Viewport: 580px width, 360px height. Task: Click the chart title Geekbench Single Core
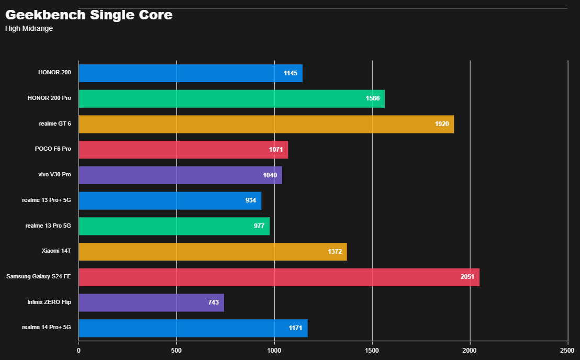pyautogui.click(x=89, y=15)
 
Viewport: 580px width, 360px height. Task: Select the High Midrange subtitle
pyautogui.click(x=29, y=29)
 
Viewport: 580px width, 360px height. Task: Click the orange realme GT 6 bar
pyautogui.click(x=266, y=124)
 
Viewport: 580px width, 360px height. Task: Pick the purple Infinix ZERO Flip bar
pyautogui.click(x=151, y=302)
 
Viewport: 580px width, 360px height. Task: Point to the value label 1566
pyautogui.click(x=372, y=99)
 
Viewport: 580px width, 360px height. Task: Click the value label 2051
pyautogui.click(x=467, y=277)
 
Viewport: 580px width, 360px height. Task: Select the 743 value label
pyautogui.click(x=213, y=302)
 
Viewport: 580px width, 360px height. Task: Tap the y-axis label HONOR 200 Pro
pyautogui.click(x=49, y=98)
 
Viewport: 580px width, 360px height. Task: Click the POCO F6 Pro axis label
pyautogui.click(x=53, y=149)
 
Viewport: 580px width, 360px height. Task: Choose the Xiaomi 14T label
pyautogui.click(x=56, y=251)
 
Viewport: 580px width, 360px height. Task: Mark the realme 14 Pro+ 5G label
pyautogui.click(x=46, y=328)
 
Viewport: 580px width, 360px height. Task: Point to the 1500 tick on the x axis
pyautogui.click(x=372, y=351)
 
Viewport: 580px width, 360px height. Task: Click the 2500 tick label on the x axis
pyautogui.click(x=567, y=351)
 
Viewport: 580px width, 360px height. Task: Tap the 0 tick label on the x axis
pyautogui.click(x=79, y=351)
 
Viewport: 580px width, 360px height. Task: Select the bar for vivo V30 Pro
pyautogui.click(x=180, y=175)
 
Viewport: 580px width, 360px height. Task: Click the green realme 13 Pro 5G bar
pyautogui.click(x=174, y=226)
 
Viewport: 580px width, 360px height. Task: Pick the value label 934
pyautogui.click(x=250, y=200)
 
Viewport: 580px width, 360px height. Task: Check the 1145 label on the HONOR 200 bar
pyautogui.click(x=290, y=73)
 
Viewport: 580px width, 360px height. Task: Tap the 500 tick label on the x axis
pyautogui.click(x=176, y=351)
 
